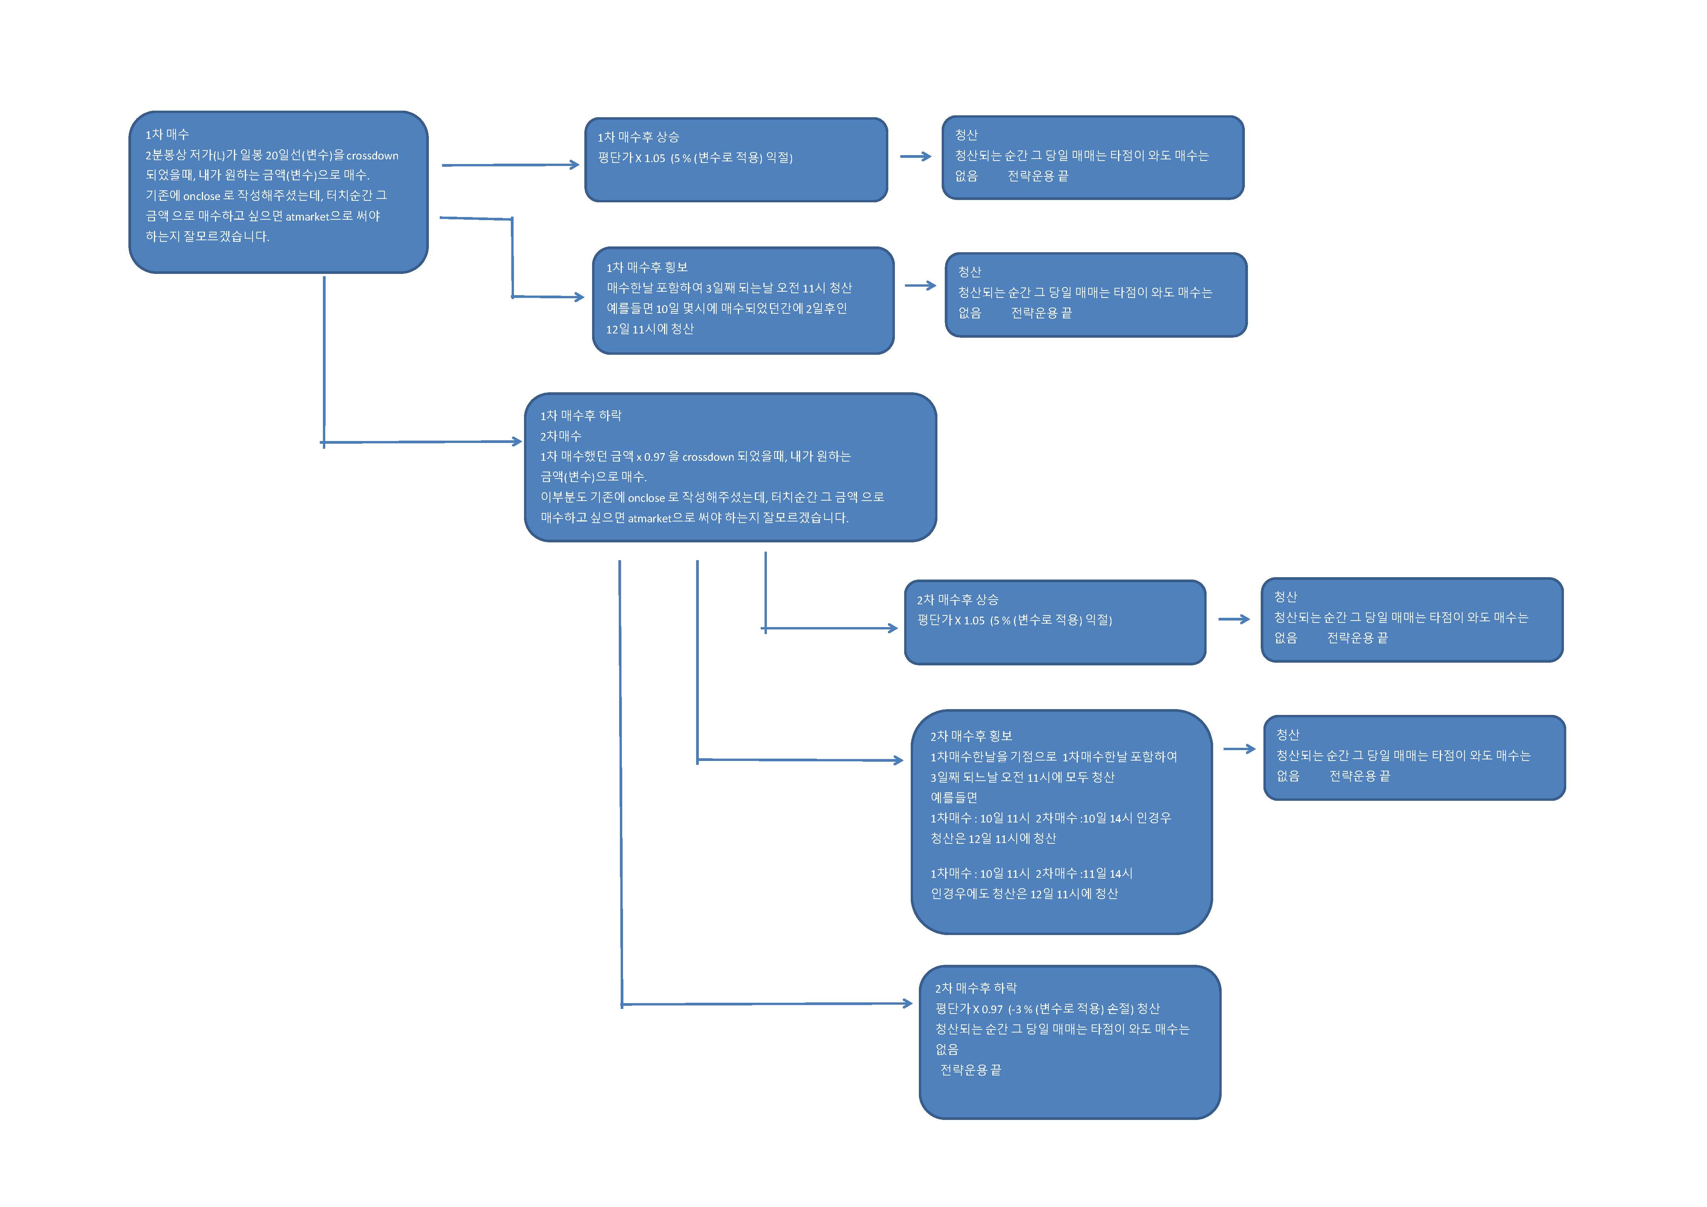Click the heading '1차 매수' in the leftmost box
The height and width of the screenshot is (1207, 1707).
pyautogui.click(x=167, y=135)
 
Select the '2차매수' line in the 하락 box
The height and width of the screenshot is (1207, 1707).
pyautogui.click(x=561, y=436)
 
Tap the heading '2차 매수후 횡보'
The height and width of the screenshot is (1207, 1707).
pyautogui.click(x=971, y=736)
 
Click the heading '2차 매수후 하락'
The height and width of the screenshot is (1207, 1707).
pyautogui.click(x=975, y=988)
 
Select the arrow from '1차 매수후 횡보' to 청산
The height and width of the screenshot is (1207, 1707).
pyautogui.click(x=920, y=286)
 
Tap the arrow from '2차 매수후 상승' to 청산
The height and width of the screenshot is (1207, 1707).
pyautogui.click(x=1233, y=619)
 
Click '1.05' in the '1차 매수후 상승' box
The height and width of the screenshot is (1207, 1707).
pyautogui.click(x=654, y=158)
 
